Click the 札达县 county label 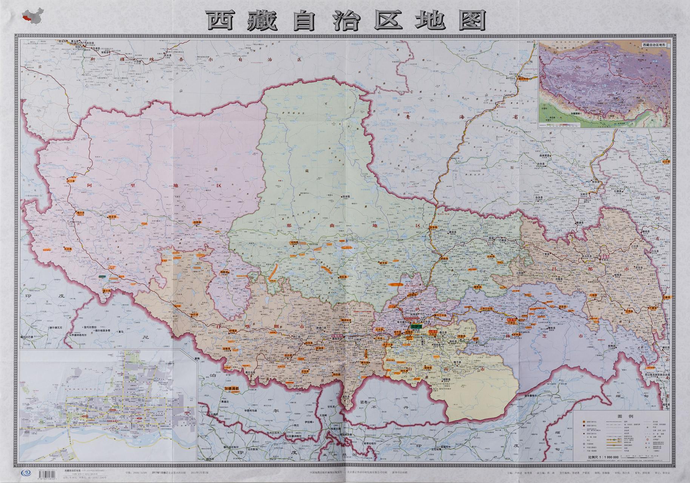(68, 249)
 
